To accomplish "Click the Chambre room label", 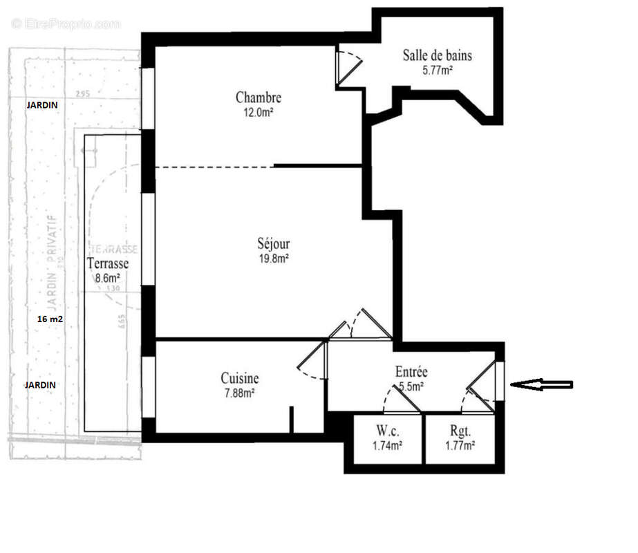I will click(x=258, y=97).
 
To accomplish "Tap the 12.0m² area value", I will click(x=258, y=112).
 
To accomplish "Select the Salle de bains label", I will click(x=437, y=55).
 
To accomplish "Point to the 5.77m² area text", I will click(x=437, y=70).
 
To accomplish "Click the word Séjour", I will click(x=274, y=244).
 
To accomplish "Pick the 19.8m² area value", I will click(x=274, y=259).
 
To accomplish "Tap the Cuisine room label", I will click(x=240, y=378).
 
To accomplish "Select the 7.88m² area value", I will click(x=240, y=393).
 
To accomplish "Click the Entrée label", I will click(x=411, y=372).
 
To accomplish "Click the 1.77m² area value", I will click(x=460, y=447).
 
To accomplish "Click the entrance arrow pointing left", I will click(x=544, y=384).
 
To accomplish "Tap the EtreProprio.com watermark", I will click(x=66, y=24).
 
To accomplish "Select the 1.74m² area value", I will click(x=388, y=447).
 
